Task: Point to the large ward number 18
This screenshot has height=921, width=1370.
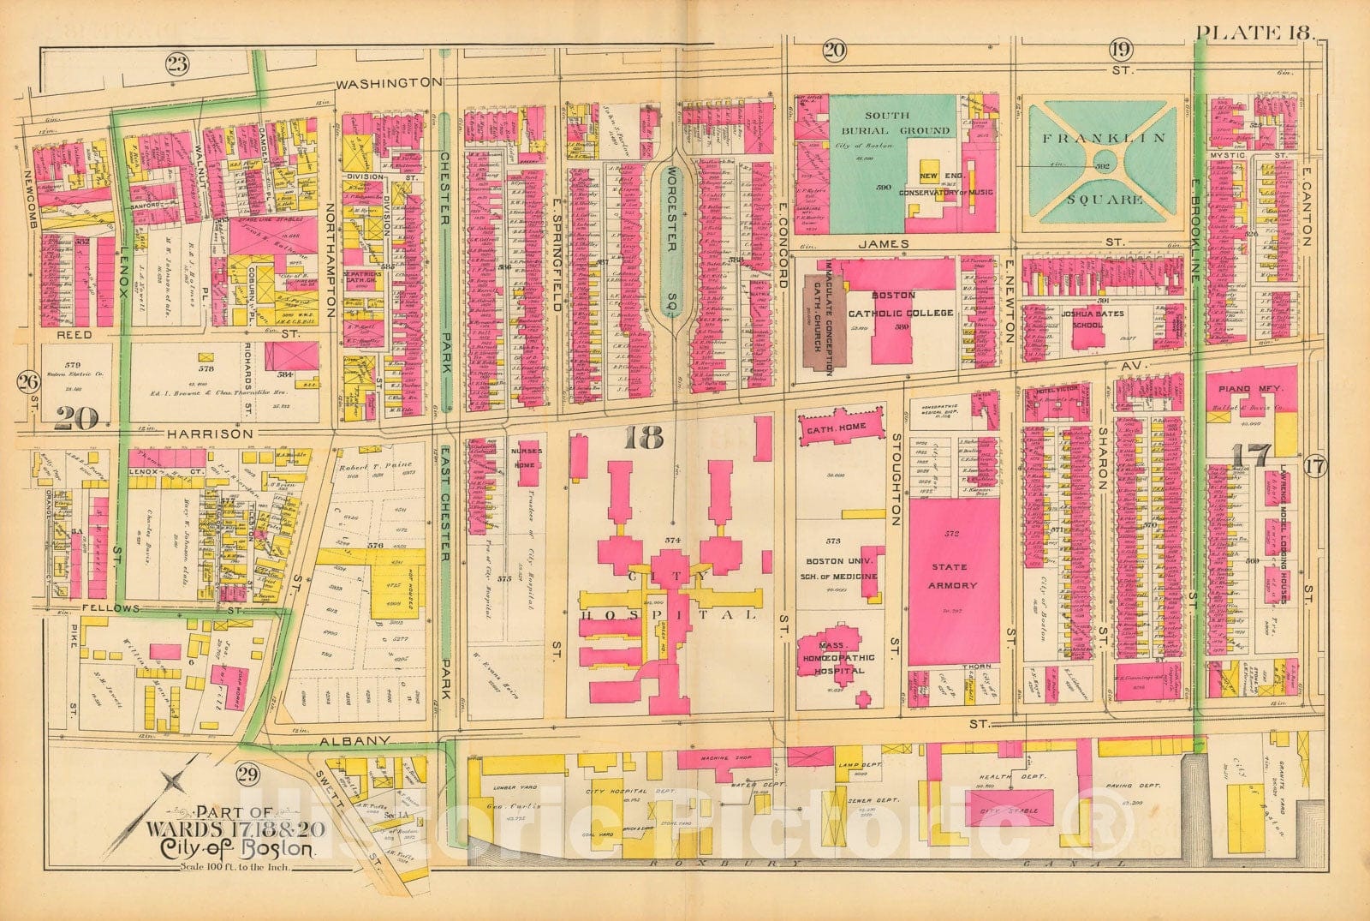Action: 644,438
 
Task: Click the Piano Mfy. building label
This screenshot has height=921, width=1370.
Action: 1251,389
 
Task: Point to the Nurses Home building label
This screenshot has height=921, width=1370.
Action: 523,458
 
